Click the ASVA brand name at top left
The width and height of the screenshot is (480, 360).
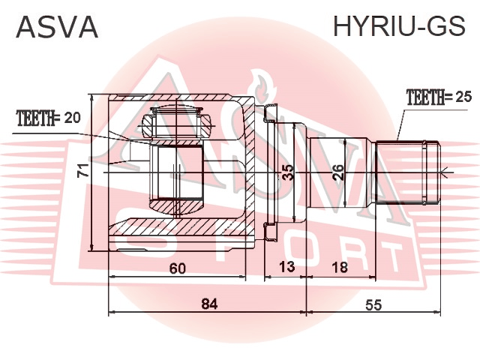click(x=57, y=27)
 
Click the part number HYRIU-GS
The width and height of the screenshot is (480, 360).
click(x=399, y=26)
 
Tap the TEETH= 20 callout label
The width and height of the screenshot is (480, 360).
click(x=49, y=118)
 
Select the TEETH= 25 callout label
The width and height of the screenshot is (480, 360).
click(x=439, y=97)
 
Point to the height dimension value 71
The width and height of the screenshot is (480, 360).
click(x=83, y=170)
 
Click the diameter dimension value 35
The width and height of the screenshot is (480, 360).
click(x=288, y=173)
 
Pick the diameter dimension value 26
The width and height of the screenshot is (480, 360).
click(x=338, y=172)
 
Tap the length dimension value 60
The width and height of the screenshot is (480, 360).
click(x=178, y=268)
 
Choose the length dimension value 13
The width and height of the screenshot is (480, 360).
click(x=286, y=267)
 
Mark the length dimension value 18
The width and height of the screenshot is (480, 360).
click(x=340, y=267)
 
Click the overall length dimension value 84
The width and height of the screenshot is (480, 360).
click(x=210, y=304)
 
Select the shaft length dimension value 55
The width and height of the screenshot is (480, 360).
click(x=373, y=304)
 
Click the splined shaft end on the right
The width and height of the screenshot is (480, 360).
click(x=408, y=172)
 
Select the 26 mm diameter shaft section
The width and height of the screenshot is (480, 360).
click(x=340, y=172)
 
